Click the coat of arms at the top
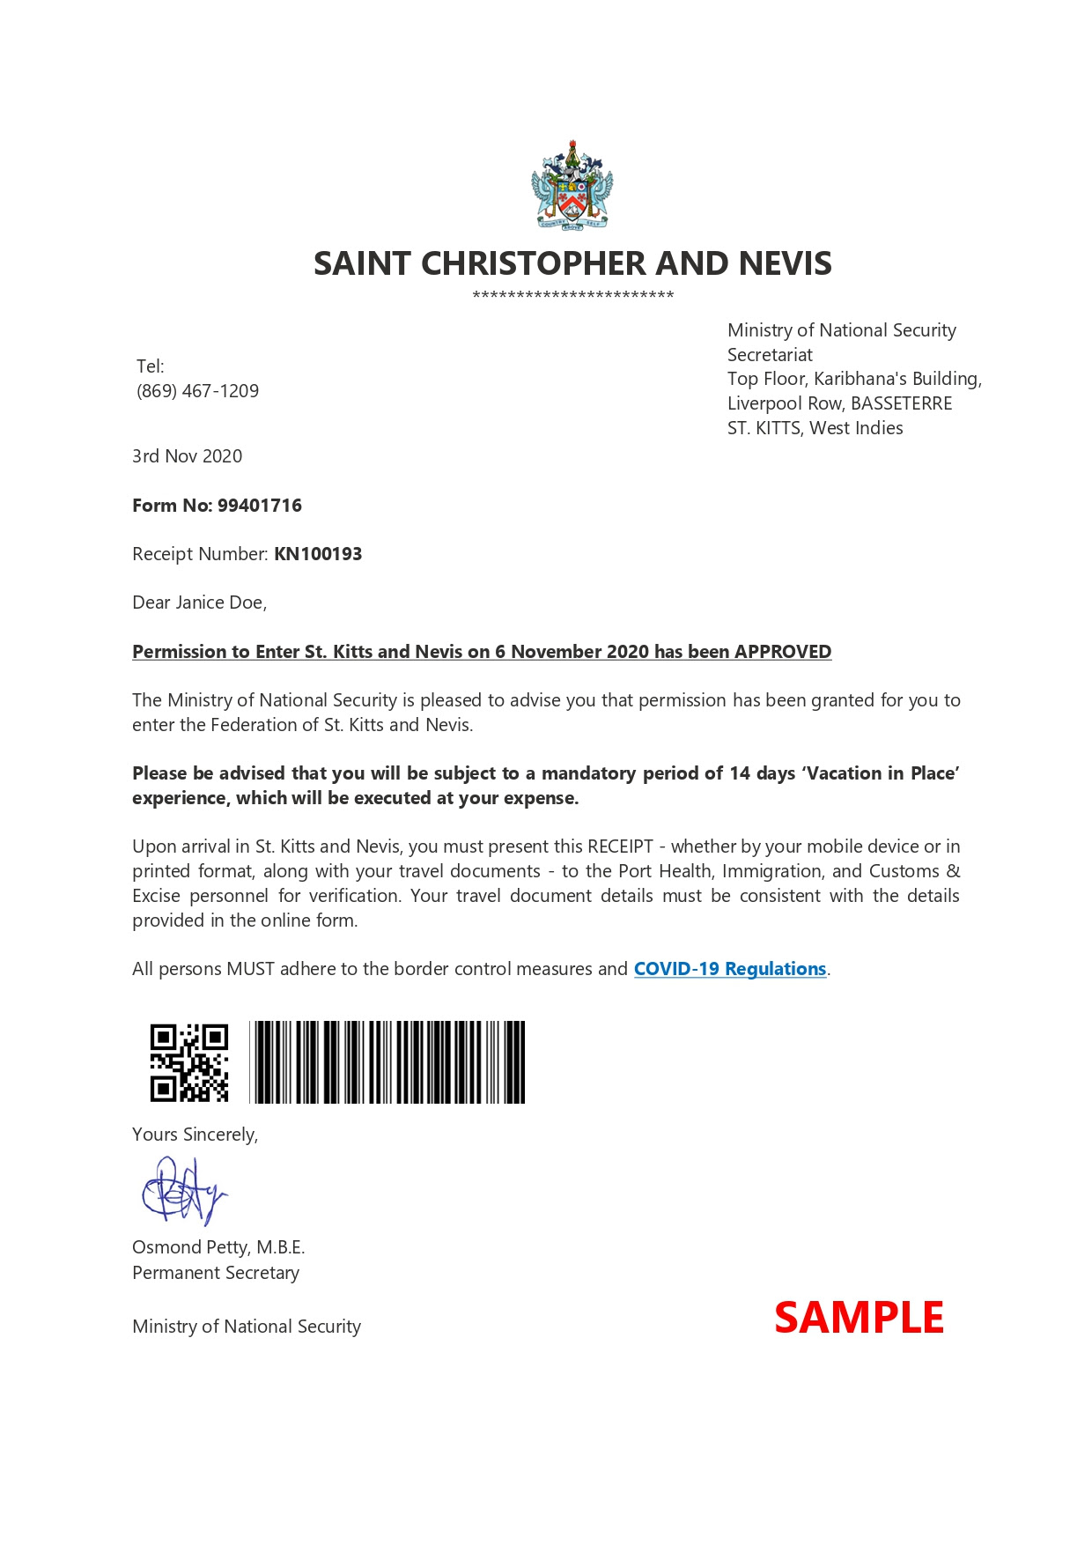tap(572, 187)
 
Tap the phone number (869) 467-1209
tap(197, 391)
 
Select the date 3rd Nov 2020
tap(187, 456)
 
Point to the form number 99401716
tap(260, 506)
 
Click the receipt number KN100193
tap(318, 554)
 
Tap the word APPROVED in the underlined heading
tap(783, 652)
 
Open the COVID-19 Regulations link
tap(730, 969)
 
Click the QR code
tap(189, 1062)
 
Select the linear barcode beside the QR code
tap(387, 1062)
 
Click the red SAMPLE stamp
tap(859, 1318)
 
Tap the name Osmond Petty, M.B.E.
tap(218, 1247)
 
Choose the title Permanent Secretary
tap(216, 1273)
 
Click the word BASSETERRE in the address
tap(901, 403)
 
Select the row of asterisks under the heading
tap(572, 296)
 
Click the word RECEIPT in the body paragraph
tap(620, 846)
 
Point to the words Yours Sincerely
tap(195, 1135)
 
